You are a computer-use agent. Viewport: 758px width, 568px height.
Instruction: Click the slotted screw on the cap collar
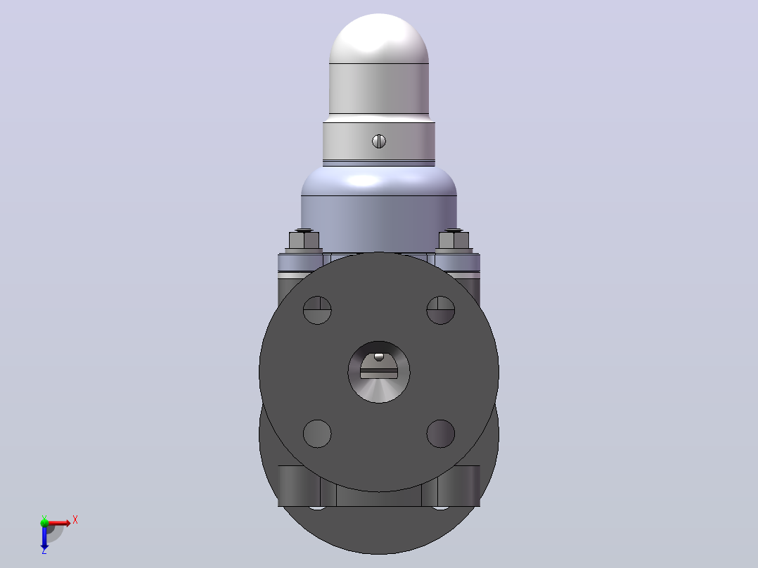[379, 141]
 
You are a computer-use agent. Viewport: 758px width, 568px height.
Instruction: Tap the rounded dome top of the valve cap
[379, 39]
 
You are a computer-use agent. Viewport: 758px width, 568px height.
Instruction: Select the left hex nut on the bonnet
[304, 240]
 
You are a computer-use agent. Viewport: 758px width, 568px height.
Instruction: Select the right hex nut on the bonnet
[454, 240]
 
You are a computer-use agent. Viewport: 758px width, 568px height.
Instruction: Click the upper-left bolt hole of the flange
[317, 310]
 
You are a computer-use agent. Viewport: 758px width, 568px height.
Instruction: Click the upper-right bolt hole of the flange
[440, 310]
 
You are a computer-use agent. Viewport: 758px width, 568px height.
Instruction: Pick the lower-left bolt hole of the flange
[317, 434]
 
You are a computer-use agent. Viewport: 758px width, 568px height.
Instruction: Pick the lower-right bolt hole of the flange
[440, 434]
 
